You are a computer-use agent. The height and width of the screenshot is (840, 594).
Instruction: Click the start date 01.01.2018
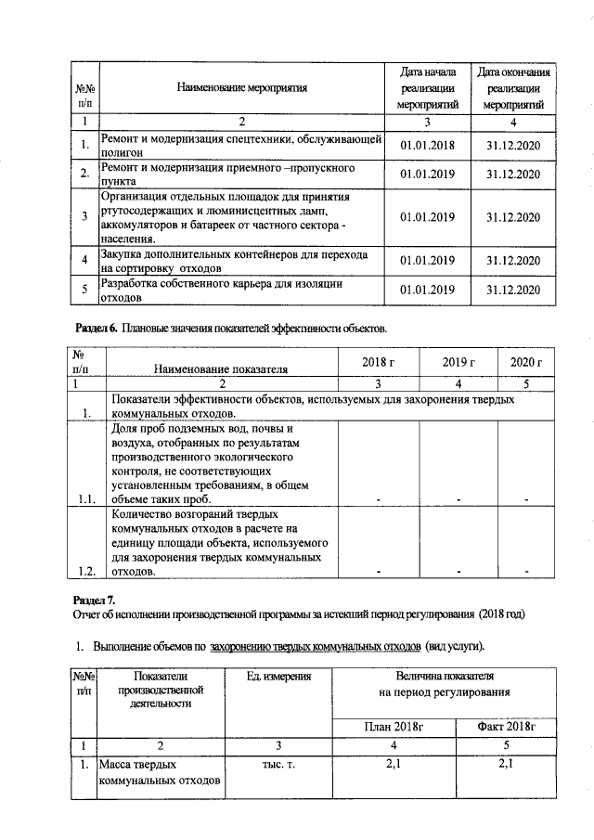[x=427, y=146]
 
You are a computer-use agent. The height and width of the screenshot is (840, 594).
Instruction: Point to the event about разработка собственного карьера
[x=223, y=291]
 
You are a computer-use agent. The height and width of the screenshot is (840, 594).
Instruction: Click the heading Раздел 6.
[x=95, y=330]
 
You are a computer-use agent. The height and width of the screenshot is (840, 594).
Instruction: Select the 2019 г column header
[x=458, y=361]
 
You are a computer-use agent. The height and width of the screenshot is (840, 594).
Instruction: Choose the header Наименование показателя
[x=221, y=368]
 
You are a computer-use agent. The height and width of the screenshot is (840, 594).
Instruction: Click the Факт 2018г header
[x=507, y=725]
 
